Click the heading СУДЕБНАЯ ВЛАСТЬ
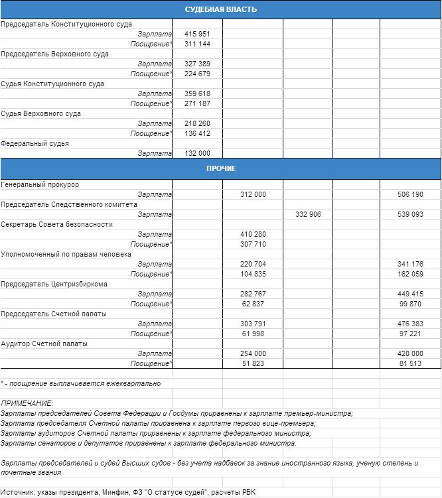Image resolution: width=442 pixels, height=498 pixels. (220, 9)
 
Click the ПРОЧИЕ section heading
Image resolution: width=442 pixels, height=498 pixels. (220, 168)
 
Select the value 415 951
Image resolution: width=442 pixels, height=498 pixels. (197, 34)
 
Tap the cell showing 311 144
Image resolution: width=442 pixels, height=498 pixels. (197, 44)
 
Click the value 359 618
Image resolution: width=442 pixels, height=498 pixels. (197, 93)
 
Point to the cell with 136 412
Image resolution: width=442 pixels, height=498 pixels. (197, 133)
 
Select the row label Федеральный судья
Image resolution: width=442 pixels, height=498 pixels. (35, 143)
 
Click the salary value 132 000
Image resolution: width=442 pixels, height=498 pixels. (197, 153)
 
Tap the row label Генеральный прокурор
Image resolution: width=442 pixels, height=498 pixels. (40, 184)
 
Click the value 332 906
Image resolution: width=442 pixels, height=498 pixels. (308, 214)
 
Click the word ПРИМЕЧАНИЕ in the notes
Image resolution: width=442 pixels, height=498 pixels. (27, 403)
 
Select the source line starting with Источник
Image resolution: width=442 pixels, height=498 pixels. (127, 492)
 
